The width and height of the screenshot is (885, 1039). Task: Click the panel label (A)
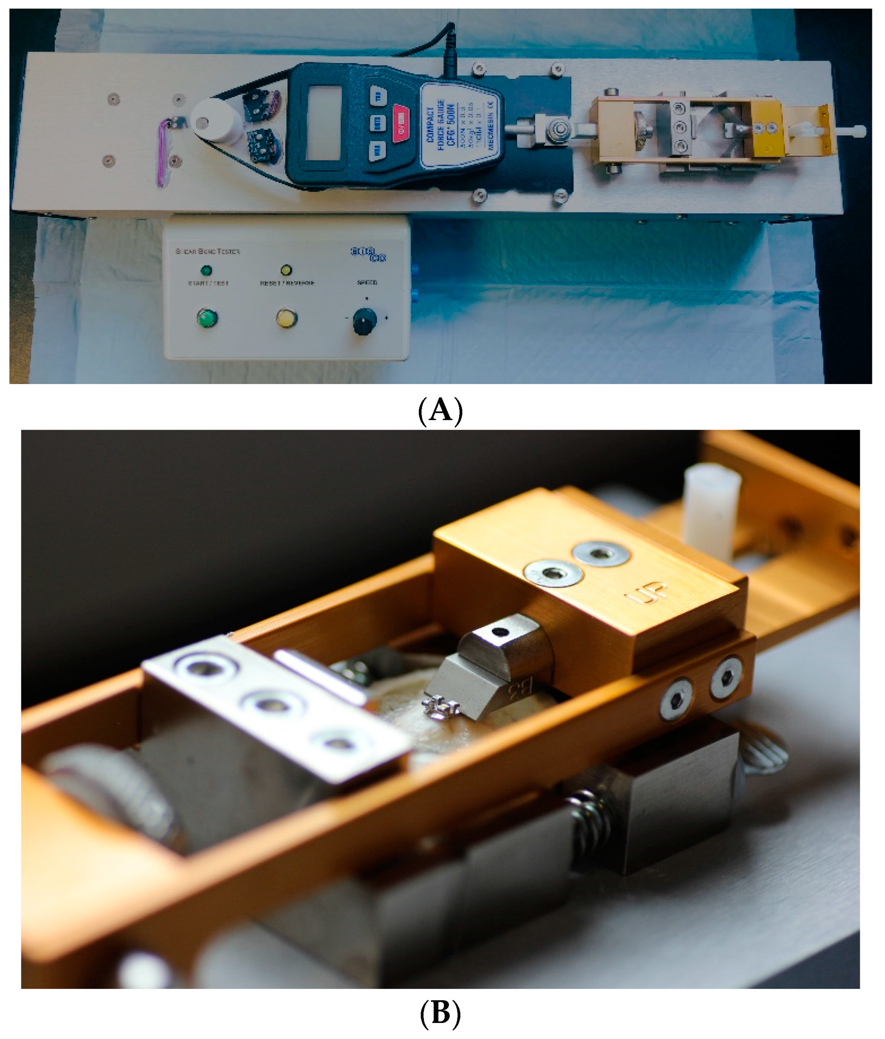coord(440,411)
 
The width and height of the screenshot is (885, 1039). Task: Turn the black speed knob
coord(364,321)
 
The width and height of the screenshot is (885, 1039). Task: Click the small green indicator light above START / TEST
coord(206,271)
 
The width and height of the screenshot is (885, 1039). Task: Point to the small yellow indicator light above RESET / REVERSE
coord(286,270)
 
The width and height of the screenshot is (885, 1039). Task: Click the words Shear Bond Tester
coord(207,251)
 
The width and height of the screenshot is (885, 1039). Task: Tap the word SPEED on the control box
coord(367,283)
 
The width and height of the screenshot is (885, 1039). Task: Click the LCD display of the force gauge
coord(324,122)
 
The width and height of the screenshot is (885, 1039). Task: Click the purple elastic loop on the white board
coord(164,153)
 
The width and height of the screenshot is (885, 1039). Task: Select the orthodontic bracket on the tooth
coord(441,707)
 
